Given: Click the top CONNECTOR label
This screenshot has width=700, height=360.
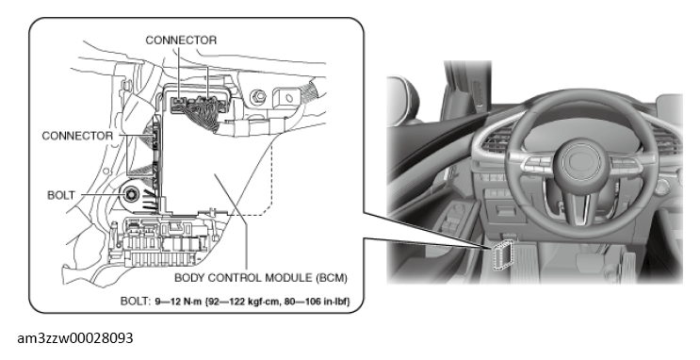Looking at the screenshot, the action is pyautogui.click(x=181, y=41).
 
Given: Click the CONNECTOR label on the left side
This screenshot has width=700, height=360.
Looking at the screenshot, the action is pyautogui.click(x=77, y=136).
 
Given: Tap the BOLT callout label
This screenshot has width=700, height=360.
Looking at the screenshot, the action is pyautogui.click(x=61, y=196).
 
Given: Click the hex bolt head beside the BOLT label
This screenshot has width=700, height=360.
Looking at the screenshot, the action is pyautogui.click(x=132, y=194).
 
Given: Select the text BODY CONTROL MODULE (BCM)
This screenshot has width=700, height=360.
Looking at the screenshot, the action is pyautogui.click(x=261, y=278).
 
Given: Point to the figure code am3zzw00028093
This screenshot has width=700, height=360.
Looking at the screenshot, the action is pyautogui.click(x=75, y=338).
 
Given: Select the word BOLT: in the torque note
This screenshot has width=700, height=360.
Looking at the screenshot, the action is pyautogui.click(x=136, y=302).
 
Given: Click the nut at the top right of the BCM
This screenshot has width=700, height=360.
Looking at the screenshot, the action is pyautogui.click(x=257, y=96).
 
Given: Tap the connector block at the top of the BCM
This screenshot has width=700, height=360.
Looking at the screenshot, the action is pyautogui.click(x=196, y=105).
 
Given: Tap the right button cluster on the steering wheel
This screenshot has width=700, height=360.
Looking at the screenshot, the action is pyautogui.click(x=627, y=165).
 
